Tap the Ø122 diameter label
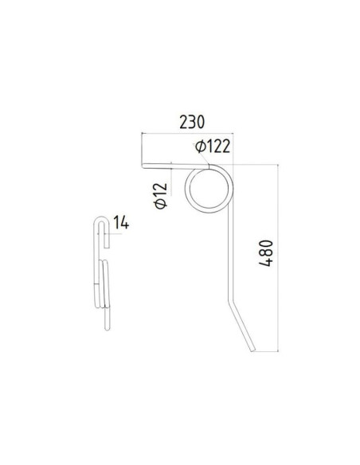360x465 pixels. coord(213,146)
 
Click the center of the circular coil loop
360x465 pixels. coord(209,191)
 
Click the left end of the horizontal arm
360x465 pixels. coord(144,166)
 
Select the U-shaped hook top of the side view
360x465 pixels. coord(101,221)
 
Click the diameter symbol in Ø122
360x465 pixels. coord(199,147)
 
